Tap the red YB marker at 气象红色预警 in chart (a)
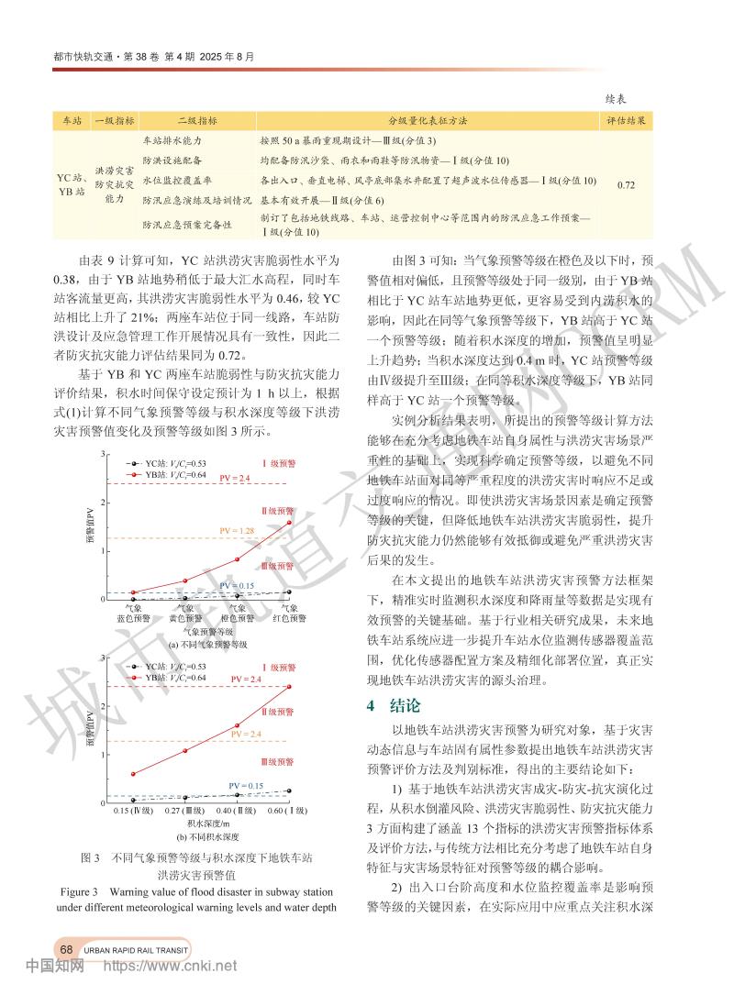(289, 522)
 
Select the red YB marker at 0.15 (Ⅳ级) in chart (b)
(133, 773)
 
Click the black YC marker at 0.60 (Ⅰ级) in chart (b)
(289, 790)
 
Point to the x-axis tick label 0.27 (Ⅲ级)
(184, 812)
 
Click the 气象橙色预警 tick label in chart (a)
(237, 613)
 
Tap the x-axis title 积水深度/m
(211, 824)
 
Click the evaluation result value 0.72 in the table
(627, 184)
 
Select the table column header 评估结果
(627, 120)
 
